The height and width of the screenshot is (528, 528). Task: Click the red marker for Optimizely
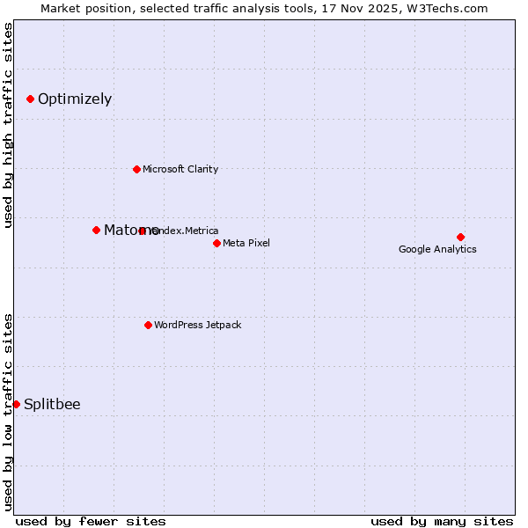coord(30,99)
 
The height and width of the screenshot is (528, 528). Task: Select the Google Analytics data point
coord(460,237)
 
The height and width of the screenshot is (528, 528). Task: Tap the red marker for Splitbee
coord(16,404)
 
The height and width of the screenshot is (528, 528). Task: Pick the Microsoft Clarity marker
coord(136,169)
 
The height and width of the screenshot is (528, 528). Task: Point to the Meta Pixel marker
coord(216,243)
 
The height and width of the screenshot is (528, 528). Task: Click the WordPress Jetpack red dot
coord(148,325)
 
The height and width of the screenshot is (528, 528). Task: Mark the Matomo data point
coord(96,230)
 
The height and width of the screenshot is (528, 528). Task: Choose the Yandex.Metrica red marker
coord(143,231)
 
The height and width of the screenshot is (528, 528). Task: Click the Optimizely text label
coord(75,99)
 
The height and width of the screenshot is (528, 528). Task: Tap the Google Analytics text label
coord(437,249)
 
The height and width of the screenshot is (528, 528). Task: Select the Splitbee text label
coord(52,405)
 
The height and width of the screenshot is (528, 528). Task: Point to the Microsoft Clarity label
coord(180,169)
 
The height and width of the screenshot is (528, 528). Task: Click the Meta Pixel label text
coord(246,243)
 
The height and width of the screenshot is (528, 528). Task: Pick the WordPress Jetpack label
coord(197,325)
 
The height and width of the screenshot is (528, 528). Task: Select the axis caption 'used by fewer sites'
coord(91,521)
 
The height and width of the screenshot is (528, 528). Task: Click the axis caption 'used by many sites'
coord(442,521)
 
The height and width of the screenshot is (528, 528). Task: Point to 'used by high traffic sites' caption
coord(8,126)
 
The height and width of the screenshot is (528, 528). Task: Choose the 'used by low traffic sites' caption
coord(8,411)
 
